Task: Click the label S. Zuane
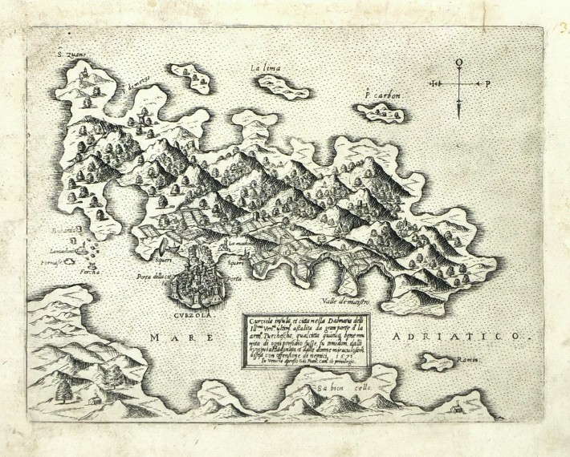click(70, 56)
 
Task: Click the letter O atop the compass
click(458, 62)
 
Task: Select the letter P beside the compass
click(488, 83)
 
